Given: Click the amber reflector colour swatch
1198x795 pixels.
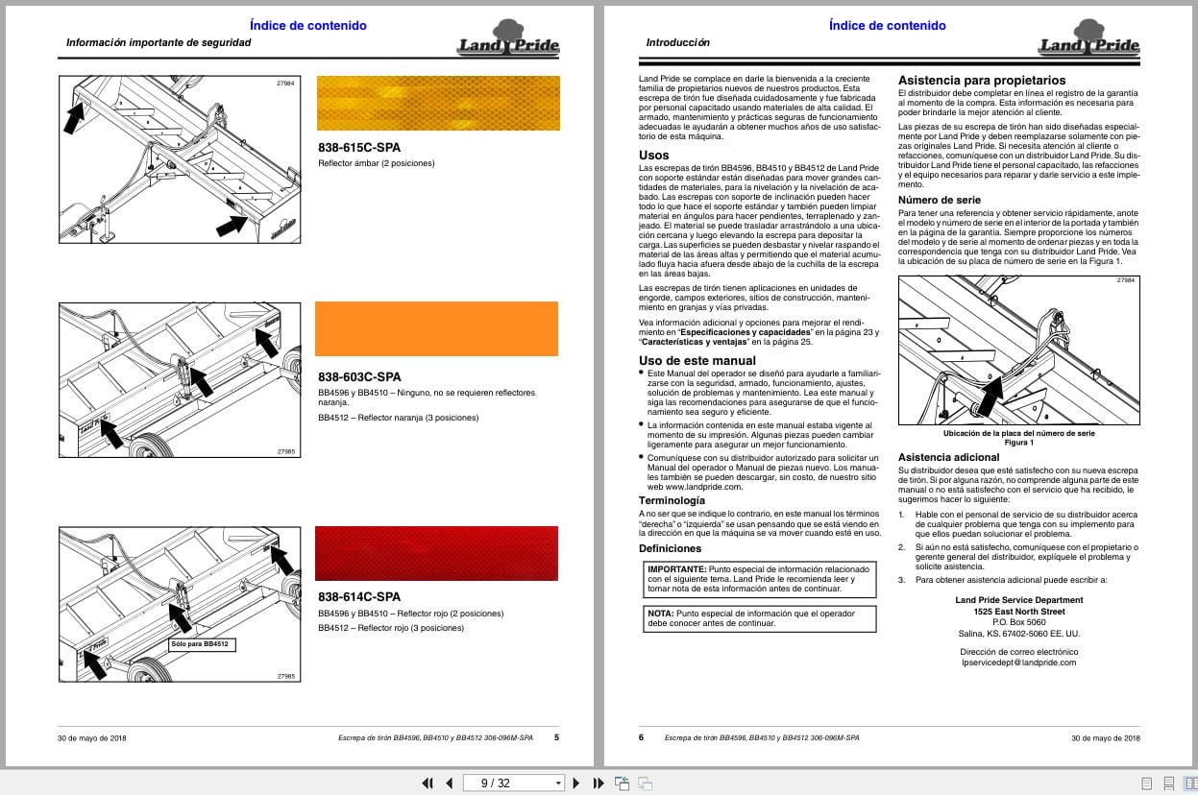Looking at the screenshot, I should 437,103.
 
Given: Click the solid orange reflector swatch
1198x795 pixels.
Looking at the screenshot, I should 436,328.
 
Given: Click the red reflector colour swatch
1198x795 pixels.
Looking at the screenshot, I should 437,553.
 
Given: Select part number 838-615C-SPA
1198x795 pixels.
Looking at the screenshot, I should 359,148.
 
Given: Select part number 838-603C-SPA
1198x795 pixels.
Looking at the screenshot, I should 359,376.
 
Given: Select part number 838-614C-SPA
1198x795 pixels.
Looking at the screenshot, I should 359,596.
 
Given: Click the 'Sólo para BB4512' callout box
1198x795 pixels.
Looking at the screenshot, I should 201,644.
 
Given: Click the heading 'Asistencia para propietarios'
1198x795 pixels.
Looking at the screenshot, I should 981,80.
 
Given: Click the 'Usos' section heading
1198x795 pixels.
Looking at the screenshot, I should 653,155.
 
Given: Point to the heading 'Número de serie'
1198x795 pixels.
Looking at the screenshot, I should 939,199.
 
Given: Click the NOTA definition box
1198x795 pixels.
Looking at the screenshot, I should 759,617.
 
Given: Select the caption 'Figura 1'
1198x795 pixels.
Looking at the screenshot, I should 1018,443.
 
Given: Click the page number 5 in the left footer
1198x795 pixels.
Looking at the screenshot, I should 555,737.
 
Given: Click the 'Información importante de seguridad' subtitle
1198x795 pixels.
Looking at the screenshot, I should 159,43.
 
